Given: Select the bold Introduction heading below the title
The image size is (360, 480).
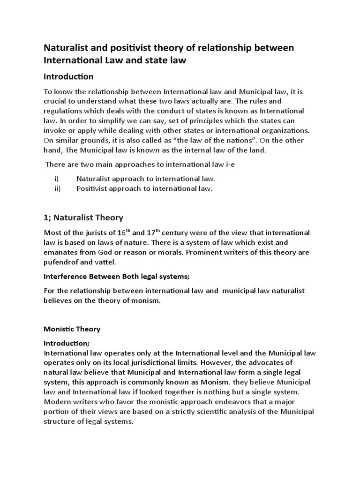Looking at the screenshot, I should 68,76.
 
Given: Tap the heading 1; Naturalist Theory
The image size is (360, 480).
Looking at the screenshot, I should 83,217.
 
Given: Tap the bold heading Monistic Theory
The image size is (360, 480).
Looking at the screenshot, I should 72,329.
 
